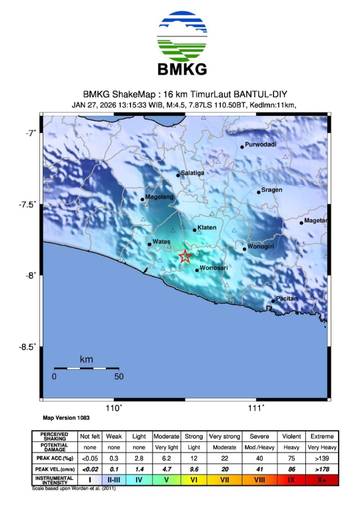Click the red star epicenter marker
[186, 257]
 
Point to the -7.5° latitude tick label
[27, 205]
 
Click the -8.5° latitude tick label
[27, 348]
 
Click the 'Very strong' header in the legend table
[231, 437]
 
